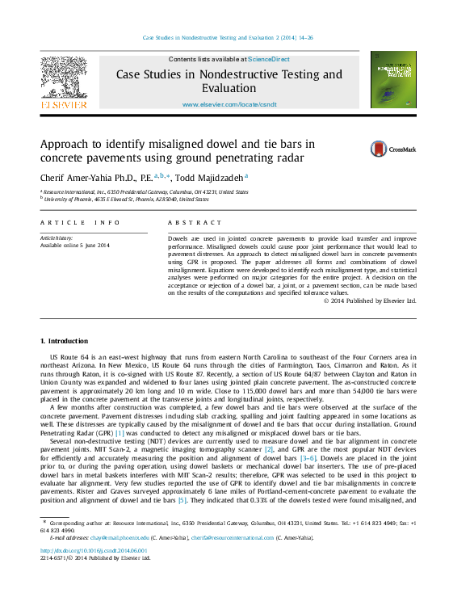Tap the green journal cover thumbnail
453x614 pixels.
[x=393, y=80]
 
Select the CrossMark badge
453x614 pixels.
[x=392, y=149]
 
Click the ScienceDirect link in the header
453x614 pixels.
[x=269, y=60]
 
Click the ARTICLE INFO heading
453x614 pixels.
[x=80, y=222]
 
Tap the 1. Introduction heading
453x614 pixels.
[x=64, y=341]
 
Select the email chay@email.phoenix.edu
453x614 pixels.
[x=111, y=537]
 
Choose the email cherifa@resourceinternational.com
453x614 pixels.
[x=233, y=537]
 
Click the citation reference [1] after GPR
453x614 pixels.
[x=120, y=433]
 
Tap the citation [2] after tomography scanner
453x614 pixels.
[x=270, y=450]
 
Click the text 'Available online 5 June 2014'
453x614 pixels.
[x=74, y=246]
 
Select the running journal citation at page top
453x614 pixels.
[x=228, y=38]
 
